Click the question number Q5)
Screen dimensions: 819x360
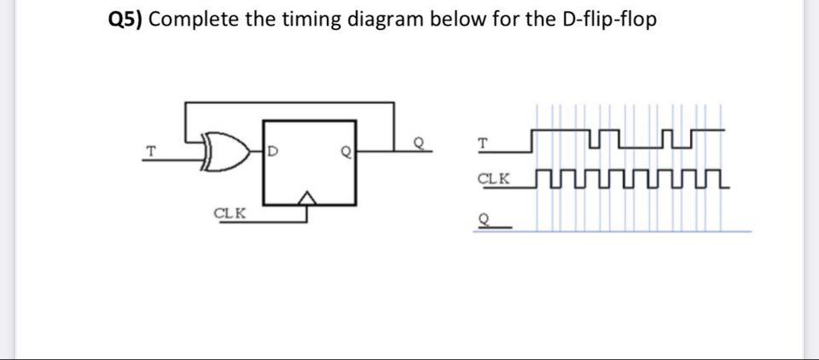click(x=125, y=20)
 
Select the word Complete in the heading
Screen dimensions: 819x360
click(x=193, y=20)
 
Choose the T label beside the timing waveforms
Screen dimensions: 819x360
click(x=484, y=144)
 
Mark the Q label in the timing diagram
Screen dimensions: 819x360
click(x=484, y=218)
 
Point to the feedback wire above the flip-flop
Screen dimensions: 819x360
click(x=290, y=103)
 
